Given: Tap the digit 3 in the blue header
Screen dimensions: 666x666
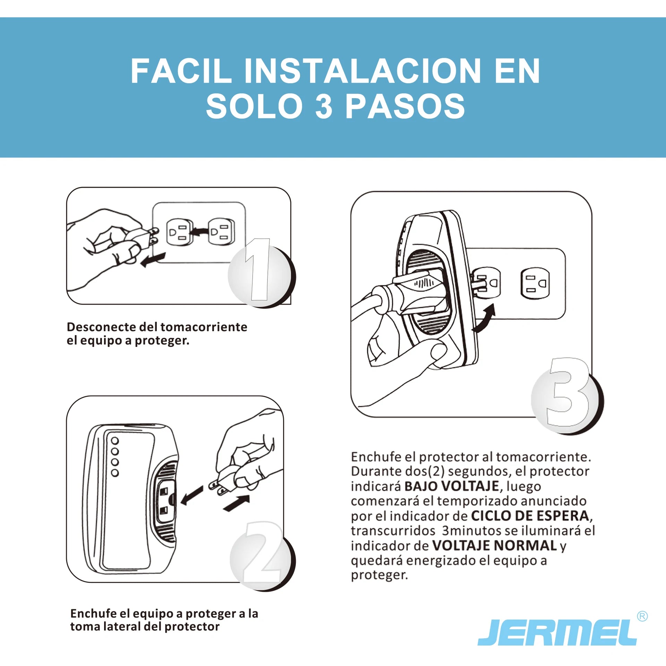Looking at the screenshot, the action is (x=324, y=106).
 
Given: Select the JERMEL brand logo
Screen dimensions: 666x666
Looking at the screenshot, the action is (x=557, y=633).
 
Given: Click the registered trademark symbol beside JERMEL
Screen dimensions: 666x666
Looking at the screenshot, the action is (x=642, y=616).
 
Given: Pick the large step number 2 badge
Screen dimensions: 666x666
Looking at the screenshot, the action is (x=263, y=556).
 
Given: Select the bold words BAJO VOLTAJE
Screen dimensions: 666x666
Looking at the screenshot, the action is (x=452, y=486).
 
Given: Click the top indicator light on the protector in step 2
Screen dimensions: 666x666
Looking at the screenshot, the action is (x=115, y=441).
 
